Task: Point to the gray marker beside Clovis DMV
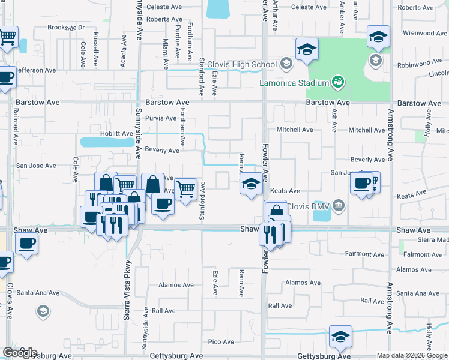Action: tap(339, 206)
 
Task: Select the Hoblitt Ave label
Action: tap(116, 133)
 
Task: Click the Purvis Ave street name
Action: tap(160, 119)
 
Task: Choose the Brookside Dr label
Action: tap(67, 28)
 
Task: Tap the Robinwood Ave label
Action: tap(420, 62)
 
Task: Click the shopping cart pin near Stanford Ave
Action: tap(186, 190)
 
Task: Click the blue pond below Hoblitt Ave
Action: tap(107, 142)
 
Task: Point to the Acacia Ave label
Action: tap(124, 50)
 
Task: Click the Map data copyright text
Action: tap(412, 355)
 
